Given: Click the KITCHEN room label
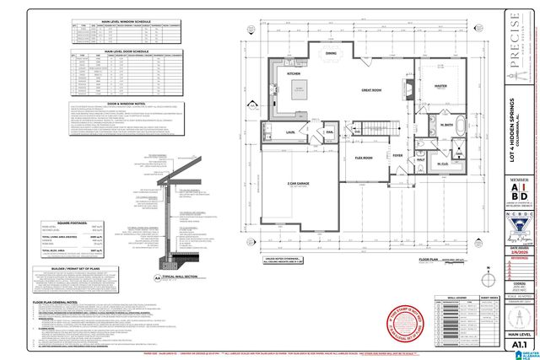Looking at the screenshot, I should [294, 73].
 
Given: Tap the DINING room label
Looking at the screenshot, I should [331, 52].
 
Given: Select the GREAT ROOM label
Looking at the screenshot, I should [373, 89].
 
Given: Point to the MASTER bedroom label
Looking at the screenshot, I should [440, 85].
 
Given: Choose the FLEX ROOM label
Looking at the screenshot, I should [364, 157].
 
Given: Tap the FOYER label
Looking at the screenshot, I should [397, 156].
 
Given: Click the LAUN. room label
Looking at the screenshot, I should [289, 132].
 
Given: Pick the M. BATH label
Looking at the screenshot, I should [445, 126].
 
